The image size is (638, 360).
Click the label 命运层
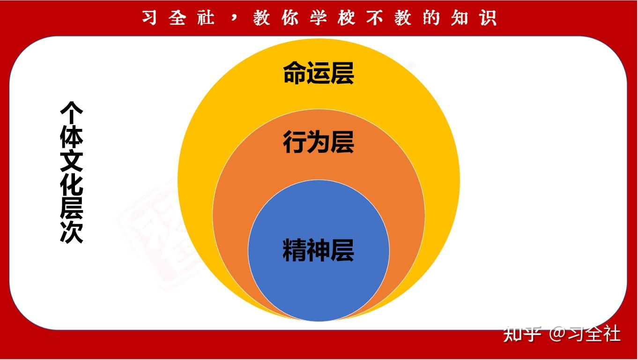[x=319, y=74]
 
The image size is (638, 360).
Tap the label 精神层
[x=319, y=250]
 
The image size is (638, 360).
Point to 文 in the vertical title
[x=71, y=161]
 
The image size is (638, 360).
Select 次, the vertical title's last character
[x=71, y=232]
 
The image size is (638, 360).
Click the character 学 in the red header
[x=318, y=18]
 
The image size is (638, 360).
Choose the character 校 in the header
[x=346, y=18]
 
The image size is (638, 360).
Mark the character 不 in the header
[x=374, y=18]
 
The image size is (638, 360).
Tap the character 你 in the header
[x=290, y=18]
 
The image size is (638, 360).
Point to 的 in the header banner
[x=431, y=18]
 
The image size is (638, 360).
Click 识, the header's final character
[x=488, y=18]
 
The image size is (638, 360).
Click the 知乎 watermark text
[x=522, y=334]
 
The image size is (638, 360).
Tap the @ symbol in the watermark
[x=557, y=334]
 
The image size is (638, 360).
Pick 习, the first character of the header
[x=149, y=18]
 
